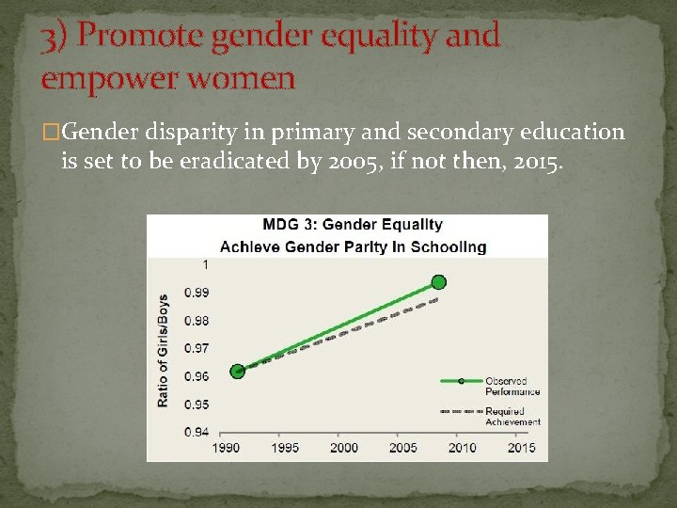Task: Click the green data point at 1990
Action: tap(237, 371)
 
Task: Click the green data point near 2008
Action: tap(438, 282)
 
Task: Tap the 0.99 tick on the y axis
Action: tap(197, 293)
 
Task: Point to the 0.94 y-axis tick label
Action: tap(197, 432)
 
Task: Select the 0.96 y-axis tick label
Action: tap(197, 376)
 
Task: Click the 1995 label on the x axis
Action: tap(285, 448)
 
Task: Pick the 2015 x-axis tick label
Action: tap(522, 448)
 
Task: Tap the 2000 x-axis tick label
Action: tap(344, 448)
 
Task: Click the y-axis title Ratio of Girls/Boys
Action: tap(163, 350)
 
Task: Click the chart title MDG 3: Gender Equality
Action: tap(352, 225)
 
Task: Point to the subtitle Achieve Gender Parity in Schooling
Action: tap(354, 246)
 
